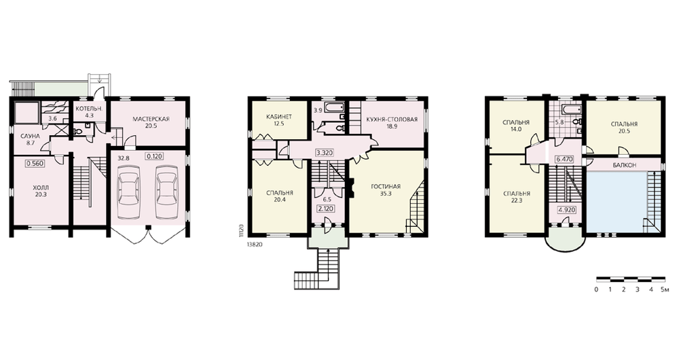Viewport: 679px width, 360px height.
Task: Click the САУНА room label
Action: (31, 136)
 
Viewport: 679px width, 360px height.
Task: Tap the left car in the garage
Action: (128, 187)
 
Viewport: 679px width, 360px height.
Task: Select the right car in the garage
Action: (166, 187)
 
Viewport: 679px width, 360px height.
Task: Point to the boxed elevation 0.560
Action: (35, 164)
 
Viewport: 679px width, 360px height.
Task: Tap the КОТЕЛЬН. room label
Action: (89, 109)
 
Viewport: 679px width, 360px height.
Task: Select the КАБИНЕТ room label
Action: (279, 117)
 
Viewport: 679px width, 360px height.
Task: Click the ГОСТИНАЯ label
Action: (386, 187)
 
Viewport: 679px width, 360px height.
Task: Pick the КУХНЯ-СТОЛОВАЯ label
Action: (392, 120)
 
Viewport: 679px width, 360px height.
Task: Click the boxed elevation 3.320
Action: (325, 153)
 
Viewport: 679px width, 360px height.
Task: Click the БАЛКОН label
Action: (625, 165)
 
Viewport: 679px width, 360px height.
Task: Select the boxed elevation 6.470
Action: (564, 160)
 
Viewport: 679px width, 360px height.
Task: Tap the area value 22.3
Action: (517, 200)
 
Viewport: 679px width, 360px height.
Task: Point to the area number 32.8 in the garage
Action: (124, 158)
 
